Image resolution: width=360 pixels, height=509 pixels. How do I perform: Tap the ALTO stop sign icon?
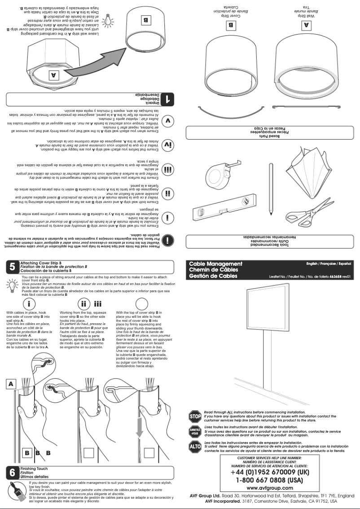(195, 447)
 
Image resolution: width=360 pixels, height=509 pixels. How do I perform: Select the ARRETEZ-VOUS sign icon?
(195, 431)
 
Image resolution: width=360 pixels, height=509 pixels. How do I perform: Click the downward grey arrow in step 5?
(140, 425)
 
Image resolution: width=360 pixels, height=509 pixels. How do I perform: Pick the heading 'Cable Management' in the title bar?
(215, 263)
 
